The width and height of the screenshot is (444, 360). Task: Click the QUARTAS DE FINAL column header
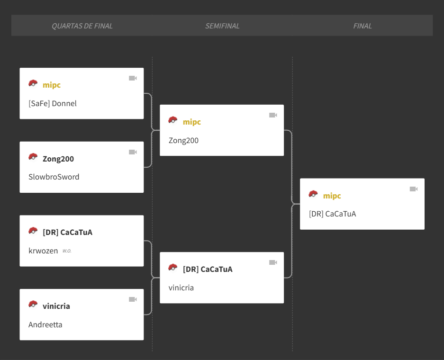(x=82, y=26)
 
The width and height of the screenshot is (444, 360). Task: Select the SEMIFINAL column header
(x=222, y=26)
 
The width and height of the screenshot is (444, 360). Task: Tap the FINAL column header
(x=362, y=26)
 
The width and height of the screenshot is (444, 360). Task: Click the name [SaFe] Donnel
(x=53, y=104)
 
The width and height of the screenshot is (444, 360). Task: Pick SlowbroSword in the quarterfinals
(x=54, y=177)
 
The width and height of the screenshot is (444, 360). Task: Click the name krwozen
(x=43, y=251)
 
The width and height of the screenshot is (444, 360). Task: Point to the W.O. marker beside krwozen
(x=67, y=251)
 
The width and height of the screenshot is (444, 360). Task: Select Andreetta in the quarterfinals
(x=45, y=324)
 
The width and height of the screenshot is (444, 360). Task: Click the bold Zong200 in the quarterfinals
(x=58, y=159)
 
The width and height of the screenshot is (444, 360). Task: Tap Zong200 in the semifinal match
(x=183, y=141)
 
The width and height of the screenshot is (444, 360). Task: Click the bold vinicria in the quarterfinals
(x=56, y=306)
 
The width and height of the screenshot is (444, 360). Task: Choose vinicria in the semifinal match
(x=181, y=288)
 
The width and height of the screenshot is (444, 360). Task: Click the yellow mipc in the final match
(x=332, y=196)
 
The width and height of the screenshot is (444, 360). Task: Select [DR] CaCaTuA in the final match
(x=333, y=214)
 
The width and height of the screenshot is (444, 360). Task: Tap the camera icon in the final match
(x=414, y=189)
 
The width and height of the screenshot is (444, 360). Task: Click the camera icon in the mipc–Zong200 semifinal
(x=273, y=115)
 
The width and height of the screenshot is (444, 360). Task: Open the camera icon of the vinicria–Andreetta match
(x=133, y=299)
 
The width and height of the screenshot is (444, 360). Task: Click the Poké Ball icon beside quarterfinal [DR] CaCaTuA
(x=33, y=231)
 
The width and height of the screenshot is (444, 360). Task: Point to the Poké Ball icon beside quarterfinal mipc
(x=33, y=83)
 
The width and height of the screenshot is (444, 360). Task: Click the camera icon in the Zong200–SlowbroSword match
(x=133, y=152)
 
